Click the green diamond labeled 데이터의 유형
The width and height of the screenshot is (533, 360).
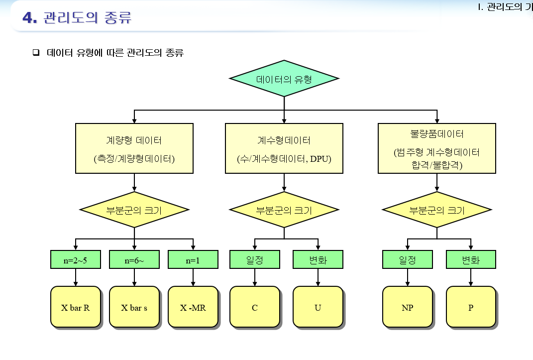click(284, 79)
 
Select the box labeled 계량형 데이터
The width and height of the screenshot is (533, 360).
click(134, 148)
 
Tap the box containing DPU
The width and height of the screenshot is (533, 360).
click(284, 148)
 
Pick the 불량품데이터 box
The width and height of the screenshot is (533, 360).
click(436, 148)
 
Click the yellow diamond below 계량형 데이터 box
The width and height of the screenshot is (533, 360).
click(134, 210)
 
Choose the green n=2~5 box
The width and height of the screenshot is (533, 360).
click(75, 260)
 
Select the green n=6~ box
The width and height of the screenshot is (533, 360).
click(134, 260)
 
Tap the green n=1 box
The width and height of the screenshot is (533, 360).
click(193, 260)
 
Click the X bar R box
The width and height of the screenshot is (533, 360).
click(75, 307)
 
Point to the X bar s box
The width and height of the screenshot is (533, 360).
click(134, 307)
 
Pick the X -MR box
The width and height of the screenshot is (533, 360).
click(193, 307)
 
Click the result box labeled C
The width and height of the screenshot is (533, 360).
click(254, 307)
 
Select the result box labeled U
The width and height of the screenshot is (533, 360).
click(318, 307)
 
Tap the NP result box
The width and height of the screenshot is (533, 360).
click(407, 307)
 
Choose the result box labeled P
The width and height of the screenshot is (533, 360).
click(471, 307)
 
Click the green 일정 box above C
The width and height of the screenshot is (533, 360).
click(254, 260)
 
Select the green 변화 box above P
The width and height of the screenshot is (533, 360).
click(471, 260)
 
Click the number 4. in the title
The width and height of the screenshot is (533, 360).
click(30, 18)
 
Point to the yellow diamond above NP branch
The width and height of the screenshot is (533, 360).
click(436, 210)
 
